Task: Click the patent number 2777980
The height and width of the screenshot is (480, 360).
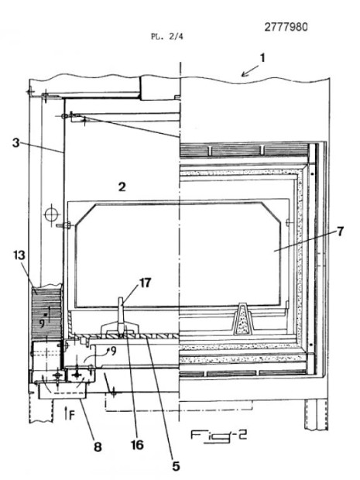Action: (x=286, y=27)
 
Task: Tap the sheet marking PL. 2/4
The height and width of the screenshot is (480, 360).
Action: (x=167, y=36)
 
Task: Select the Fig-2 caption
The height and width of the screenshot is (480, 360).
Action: (x=219, y=436)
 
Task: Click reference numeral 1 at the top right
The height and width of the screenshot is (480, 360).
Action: (x=262, y=58)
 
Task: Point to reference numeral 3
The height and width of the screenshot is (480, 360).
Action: (x=16, y=142)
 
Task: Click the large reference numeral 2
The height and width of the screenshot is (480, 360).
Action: (x=122, y=187)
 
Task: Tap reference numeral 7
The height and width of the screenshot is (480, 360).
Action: (x=341, y=231)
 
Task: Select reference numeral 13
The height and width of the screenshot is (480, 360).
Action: (x=19, y=255)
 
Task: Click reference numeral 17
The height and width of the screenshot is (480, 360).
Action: (x=145, y=283)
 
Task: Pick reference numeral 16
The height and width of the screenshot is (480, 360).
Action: (x=138, y=445)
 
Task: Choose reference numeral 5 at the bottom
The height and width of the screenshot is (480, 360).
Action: (x=176, y=466)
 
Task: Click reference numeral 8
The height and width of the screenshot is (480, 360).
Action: (x=98, y=447)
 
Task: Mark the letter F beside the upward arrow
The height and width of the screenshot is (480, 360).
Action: (x=72, y=415)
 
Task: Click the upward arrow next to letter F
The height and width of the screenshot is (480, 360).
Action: (x=66, y=413)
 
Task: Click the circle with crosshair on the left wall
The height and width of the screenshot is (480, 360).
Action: (x=51, y=214)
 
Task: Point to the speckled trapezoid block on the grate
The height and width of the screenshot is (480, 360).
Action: (x=244, y=319)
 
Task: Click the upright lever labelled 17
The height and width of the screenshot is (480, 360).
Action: (x=122, y=314)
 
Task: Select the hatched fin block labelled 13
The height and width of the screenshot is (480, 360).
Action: (x=46, y=313)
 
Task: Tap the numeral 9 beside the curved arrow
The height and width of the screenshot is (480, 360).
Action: (x=114, y=351)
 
